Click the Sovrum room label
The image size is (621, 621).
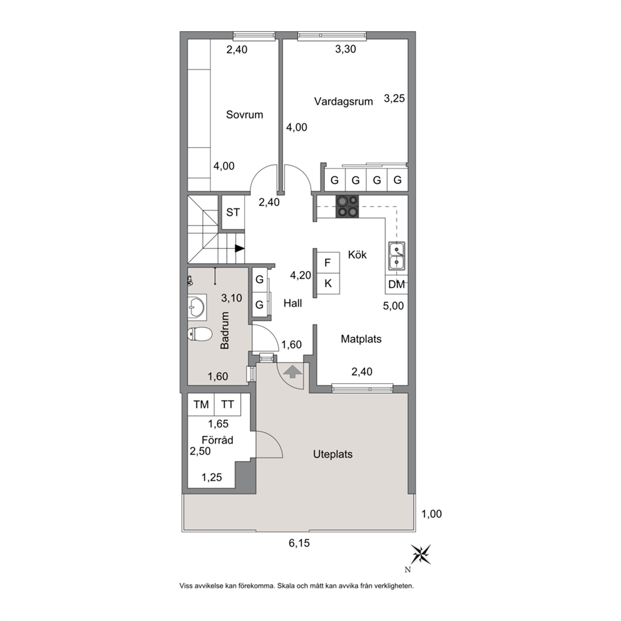point(244,115)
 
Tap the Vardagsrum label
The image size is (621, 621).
point(344,101)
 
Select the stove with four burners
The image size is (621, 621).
point(347,207)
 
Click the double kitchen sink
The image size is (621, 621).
point(396,256)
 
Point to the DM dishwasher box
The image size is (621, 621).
point(396,284)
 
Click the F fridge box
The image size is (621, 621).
point(327,262)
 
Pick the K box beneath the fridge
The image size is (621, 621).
point(327,284)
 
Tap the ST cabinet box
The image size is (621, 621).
point(233,213)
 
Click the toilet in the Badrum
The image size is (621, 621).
point(200,334)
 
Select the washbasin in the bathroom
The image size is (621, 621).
point(197,307)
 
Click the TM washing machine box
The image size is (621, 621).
point(201,404)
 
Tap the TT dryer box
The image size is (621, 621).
point(227,404)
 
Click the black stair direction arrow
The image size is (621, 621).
point(240,249)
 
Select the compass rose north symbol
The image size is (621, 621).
point(420,555)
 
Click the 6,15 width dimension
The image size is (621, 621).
point(299,543)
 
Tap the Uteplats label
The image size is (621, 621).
point(332,454)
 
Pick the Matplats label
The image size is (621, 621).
point(361,339)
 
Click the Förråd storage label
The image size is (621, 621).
point(217,439)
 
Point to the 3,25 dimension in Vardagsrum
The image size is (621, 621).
point(394,98)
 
